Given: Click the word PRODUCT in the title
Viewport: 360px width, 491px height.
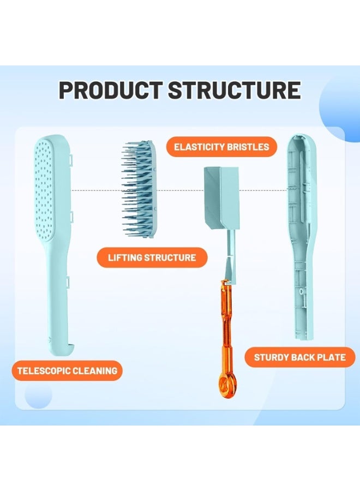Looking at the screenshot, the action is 111,90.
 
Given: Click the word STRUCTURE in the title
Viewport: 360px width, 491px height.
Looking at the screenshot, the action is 235,90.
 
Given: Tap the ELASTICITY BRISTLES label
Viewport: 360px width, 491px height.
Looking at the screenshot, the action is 221,147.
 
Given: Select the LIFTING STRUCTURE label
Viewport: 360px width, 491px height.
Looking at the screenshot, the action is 152,258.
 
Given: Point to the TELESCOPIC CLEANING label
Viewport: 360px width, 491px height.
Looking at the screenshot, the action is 67,371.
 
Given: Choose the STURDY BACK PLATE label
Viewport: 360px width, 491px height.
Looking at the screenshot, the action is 299,357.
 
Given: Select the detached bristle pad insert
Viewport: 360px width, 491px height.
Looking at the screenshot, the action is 139,189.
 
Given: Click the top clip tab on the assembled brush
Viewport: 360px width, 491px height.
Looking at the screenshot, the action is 71,160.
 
